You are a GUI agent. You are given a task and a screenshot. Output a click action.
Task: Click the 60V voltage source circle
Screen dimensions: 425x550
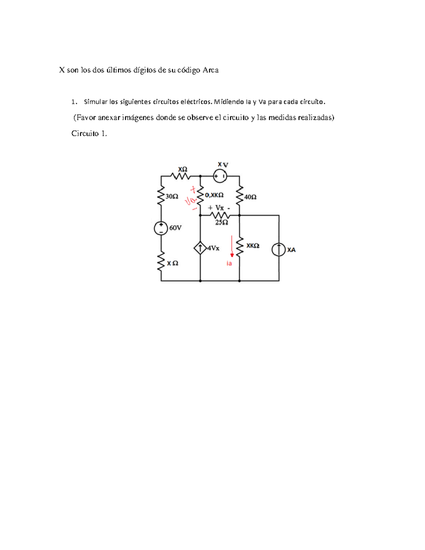click(x=161, y=228)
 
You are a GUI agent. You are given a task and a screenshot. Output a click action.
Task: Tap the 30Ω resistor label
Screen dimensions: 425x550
click(x=172, y=197)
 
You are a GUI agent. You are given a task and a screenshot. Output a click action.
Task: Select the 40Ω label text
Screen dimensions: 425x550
click(x=250, y=197)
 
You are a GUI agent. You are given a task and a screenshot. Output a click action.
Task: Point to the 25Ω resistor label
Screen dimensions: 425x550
click(x=222, y=222)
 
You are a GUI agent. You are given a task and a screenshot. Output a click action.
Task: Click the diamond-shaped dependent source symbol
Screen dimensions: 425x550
click(x=200, y=248)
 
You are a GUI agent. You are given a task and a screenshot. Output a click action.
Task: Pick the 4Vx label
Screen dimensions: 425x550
click(x=214, y=248)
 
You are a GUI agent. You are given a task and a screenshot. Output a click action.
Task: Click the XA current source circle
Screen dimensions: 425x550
click(x=279, y=250)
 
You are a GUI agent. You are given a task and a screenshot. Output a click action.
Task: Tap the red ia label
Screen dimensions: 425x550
click(x=229, y=263)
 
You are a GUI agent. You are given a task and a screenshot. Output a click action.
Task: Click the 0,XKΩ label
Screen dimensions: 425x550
click(x=214, y=195)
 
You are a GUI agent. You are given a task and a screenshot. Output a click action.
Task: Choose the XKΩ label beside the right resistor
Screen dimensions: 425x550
click(x=253, y=246)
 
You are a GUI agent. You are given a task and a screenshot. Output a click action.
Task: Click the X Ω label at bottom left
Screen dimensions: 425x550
click(x=172, y=263)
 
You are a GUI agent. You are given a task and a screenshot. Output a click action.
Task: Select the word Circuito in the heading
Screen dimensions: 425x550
click(x=85, y=134)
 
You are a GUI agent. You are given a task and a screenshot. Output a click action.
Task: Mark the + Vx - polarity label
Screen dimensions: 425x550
click(x=219, y=208)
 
